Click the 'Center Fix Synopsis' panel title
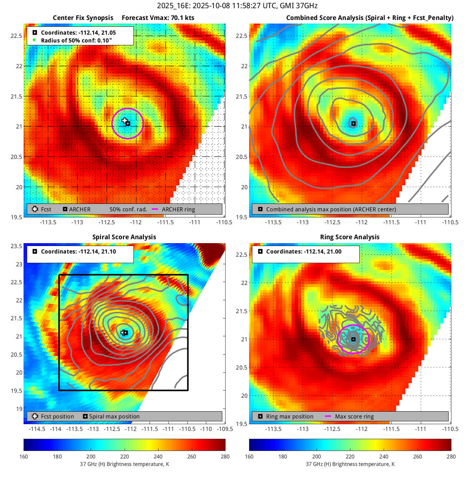point(83,18)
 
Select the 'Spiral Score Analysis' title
point(124,237)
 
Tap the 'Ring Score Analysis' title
point(350,237)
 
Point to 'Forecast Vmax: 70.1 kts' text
point(158,18)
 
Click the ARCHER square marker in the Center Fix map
point(128,124)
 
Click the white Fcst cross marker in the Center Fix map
point(124,121)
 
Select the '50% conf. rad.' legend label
point(128,210)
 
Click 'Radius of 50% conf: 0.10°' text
point(76,41)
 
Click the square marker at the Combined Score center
point(353,124)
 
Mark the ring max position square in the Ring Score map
point(353,339)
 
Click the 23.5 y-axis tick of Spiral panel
point(16,246)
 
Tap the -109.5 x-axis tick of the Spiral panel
point(225,429)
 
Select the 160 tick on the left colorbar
point(24,457)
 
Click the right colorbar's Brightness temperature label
point(350,464)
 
